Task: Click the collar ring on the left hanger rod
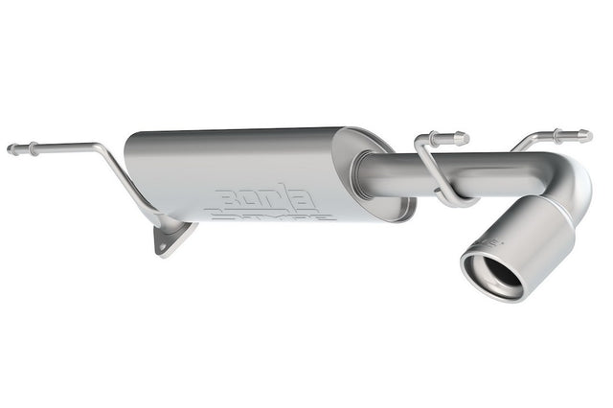coord(32,148)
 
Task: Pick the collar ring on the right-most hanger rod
coord(559,135)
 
